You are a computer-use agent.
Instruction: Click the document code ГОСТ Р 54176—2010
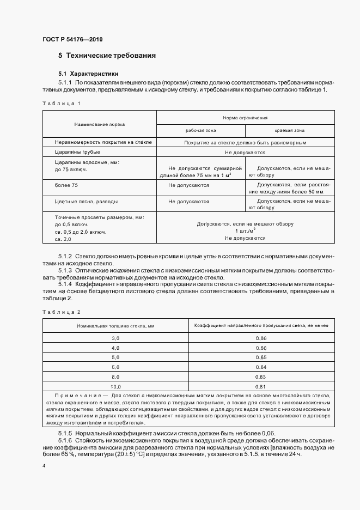click(x=72, y=40)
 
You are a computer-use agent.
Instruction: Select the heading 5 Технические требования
click(x=107, y=56)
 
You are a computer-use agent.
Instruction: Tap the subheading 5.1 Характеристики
click(x=88, y=73)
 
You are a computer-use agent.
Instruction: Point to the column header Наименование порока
click(x=100, y=124)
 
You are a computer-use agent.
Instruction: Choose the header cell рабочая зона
click(x=200, y=131)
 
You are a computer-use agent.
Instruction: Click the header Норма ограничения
click(x=245, y=118)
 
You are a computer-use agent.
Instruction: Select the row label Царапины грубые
click(x=77, y=153)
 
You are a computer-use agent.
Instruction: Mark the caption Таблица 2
click(x=61, y=312)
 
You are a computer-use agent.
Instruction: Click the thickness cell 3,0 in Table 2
click(x=115, y=338)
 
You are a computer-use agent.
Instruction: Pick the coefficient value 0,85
click(x=261, y=357)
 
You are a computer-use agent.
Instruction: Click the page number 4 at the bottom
click(x=44, y=466)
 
